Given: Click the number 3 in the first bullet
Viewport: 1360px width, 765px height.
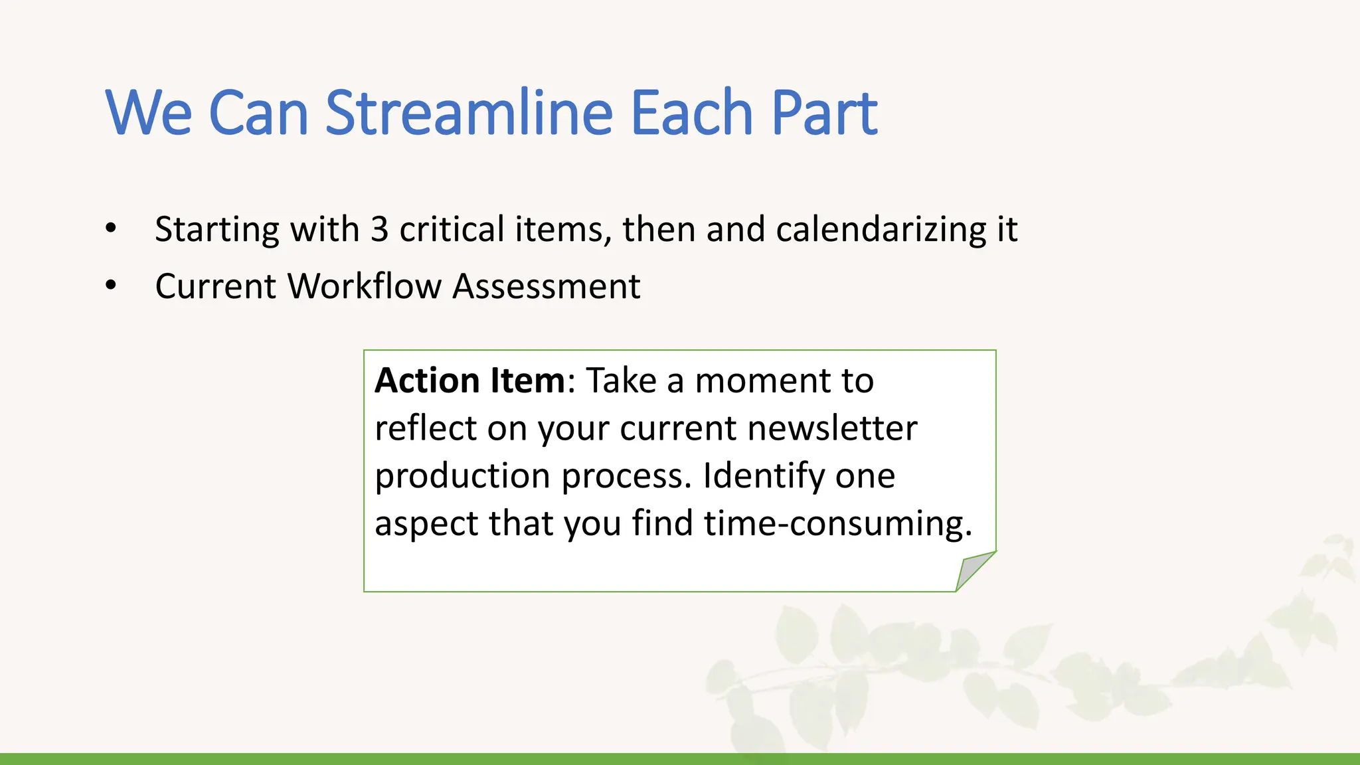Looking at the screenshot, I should pyautogui.click(x=379, y=229).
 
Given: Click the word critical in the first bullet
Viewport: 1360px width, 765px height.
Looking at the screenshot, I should pyautogui.click(x=452, y=229).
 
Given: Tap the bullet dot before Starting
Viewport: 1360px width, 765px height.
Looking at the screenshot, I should pyautogui.click(x=111, y=228).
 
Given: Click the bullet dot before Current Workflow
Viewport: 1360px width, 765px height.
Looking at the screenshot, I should pyautogui.click(x=111, y=286).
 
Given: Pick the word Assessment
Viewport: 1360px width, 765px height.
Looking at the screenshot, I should pyautogui.click(x=547, y=286).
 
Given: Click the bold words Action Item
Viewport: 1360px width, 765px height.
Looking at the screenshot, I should pyautogui.click(x=469, y=381).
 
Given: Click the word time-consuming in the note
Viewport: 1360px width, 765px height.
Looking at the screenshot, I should pyautogui.click(x=838, y=524).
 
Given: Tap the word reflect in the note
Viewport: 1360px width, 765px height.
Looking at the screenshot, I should pyautogui.click(x=426, y=428).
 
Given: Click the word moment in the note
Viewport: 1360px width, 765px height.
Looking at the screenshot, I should pyautogui.click(x=762, y=381).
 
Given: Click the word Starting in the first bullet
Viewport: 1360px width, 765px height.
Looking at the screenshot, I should pyautogui.click(x=217, y=230).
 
